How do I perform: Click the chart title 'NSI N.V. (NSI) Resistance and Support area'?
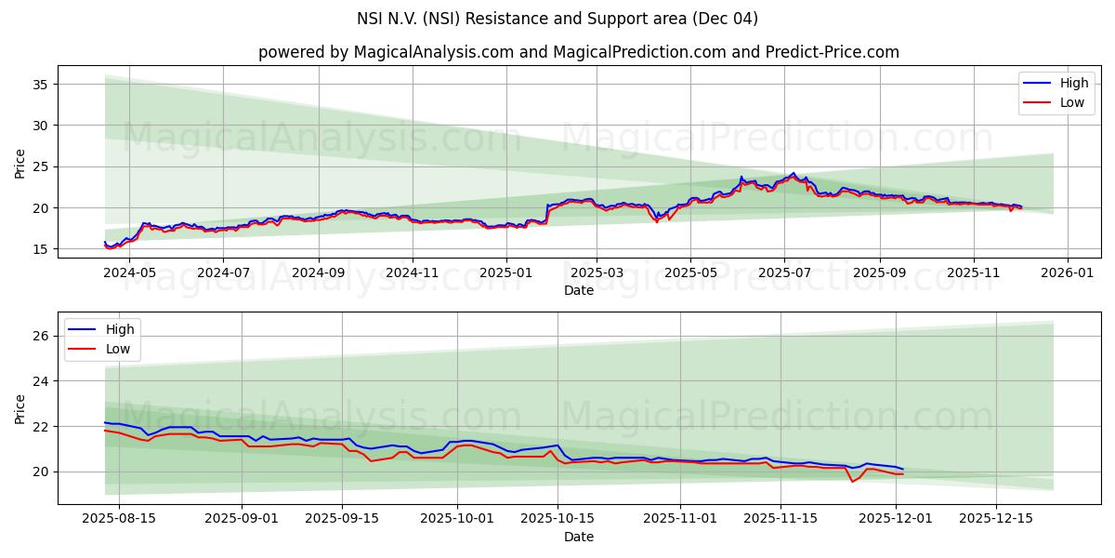(x=557, y=19)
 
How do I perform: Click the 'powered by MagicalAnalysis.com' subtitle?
(x=578, y=52)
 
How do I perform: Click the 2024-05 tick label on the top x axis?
(x=129, y=273)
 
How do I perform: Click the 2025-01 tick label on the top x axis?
(x=506, y=273)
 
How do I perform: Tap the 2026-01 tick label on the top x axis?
(x=1067, y=273)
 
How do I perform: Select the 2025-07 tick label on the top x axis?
(x=783, y=273)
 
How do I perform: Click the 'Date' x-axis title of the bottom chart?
(x=578, y=537)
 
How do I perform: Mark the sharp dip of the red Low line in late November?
(x=852, y=481)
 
